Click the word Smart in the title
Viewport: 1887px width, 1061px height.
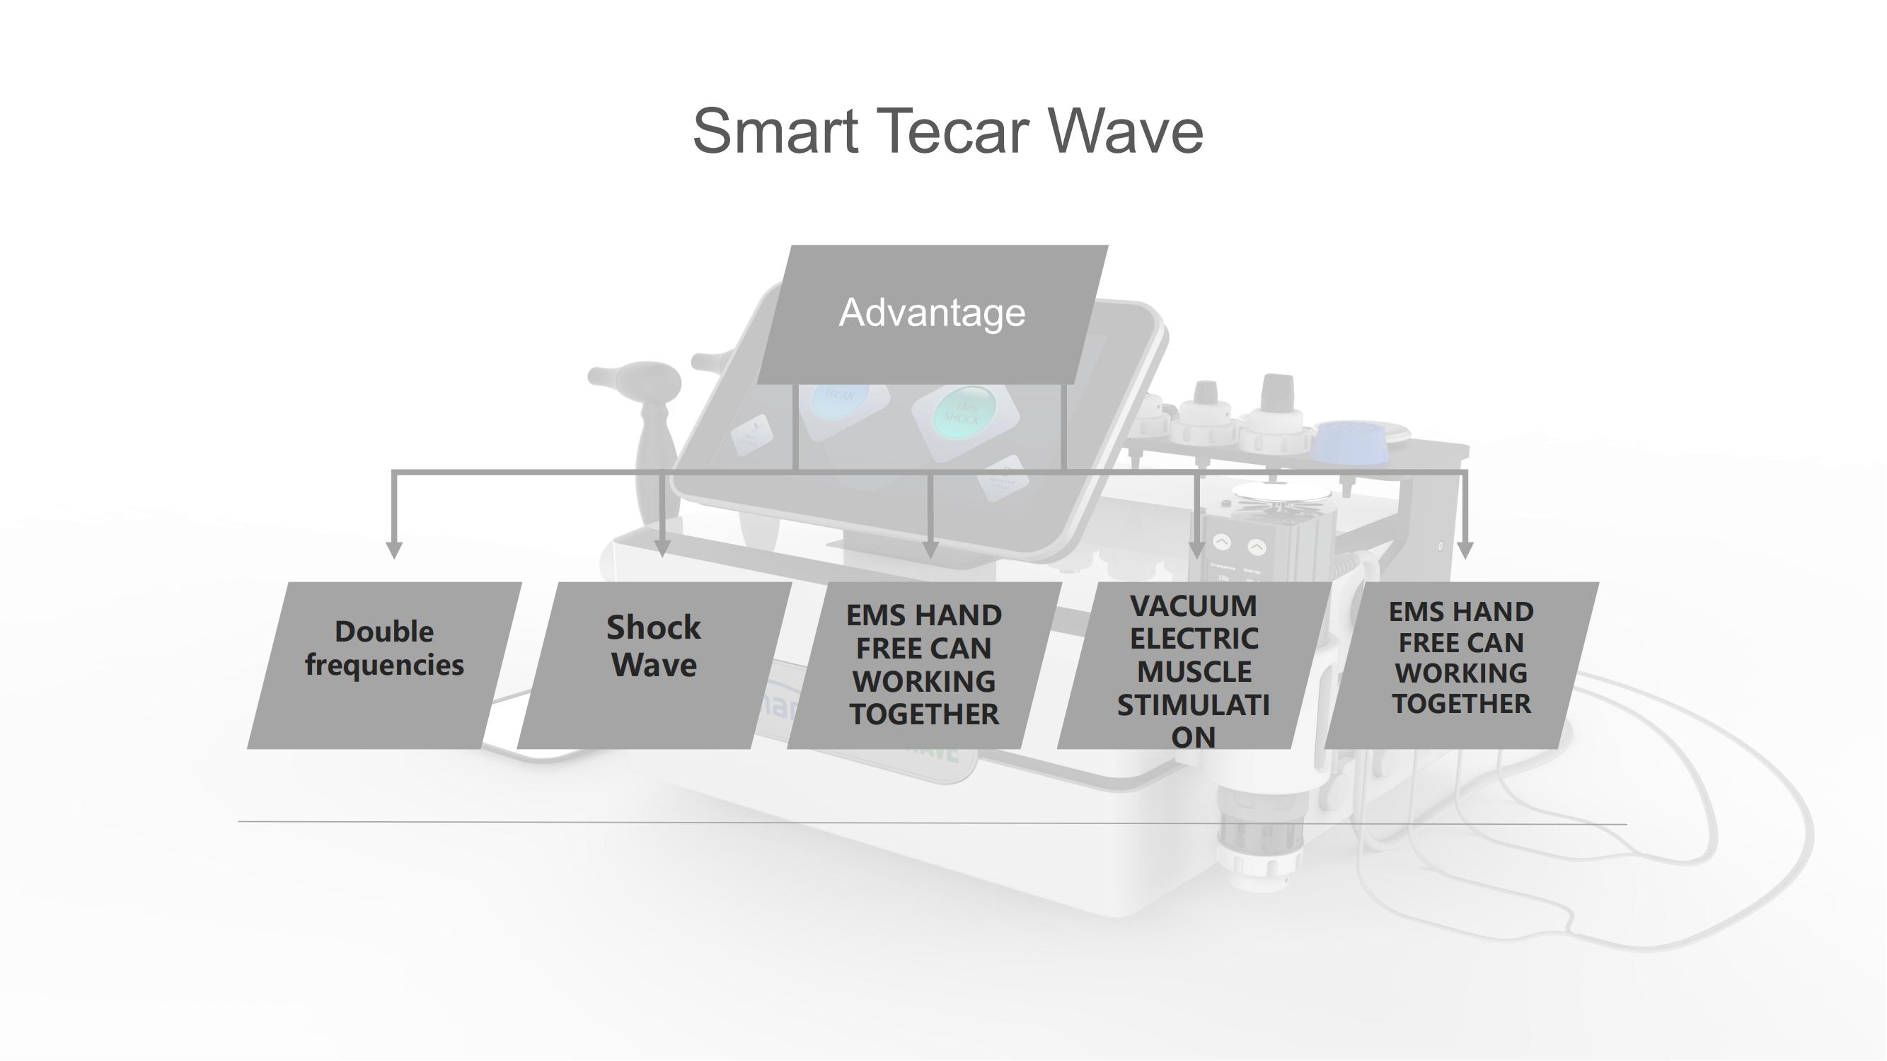(775, 131)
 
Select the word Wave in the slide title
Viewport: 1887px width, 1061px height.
(1125, 131)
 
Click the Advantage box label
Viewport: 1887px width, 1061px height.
(932, 313)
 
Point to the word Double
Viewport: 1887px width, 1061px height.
(384, 631)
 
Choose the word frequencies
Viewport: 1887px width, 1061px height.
(384, 666)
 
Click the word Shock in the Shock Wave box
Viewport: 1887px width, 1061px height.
(654, 627)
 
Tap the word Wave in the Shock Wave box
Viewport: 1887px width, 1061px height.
(654, 666)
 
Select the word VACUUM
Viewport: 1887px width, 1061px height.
(1194, 606)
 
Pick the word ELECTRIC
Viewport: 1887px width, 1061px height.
(1194, 639)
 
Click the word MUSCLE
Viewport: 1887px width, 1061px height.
(1194, 672)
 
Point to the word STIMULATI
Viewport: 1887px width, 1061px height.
(1194, 705)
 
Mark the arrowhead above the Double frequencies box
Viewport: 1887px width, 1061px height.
(394, 550)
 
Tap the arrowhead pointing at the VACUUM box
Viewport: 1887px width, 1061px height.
(1196, 550)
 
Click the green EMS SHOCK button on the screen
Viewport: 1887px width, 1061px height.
(966, 413)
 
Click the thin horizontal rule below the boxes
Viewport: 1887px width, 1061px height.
(932, 823)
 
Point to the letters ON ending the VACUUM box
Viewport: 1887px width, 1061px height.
(1194, 737)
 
